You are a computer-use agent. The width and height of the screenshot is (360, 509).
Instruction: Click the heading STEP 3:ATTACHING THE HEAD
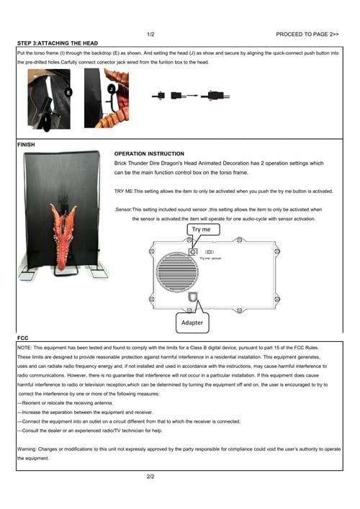click(58, 43)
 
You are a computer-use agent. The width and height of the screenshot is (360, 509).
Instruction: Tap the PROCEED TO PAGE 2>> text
click(307, 34)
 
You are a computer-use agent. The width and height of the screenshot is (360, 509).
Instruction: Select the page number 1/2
click(150, 34)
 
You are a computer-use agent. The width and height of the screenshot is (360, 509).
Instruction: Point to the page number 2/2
click(150, 477)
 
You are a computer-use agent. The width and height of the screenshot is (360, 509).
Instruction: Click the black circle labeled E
click(68, 93)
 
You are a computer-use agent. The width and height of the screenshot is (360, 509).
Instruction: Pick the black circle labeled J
click(112, 89)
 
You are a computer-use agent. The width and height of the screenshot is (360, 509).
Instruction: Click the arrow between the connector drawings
click(192, 96)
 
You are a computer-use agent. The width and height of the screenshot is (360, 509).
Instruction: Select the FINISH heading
click(26, 145)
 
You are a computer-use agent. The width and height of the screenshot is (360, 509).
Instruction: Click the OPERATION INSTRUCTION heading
click(149, 153)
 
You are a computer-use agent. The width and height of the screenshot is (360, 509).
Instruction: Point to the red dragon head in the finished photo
click(64, 236)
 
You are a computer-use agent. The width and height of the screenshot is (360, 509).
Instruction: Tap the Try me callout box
click(204, 230)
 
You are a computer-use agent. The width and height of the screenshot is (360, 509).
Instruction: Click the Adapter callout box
click(192, 323)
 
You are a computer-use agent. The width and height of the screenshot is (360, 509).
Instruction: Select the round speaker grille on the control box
click(177, 272)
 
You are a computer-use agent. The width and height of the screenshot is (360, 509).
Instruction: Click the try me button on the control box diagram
click(193, 251)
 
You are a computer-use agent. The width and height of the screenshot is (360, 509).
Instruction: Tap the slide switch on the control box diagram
click(210, 252)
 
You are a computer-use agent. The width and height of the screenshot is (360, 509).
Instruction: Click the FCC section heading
click(23, 338)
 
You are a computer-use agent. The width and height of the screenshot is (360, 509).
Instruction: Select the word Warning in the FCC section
click(27, 449)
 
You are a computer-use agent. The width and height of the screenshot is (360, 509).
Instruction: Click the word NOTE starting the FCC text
click(24, 348)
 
